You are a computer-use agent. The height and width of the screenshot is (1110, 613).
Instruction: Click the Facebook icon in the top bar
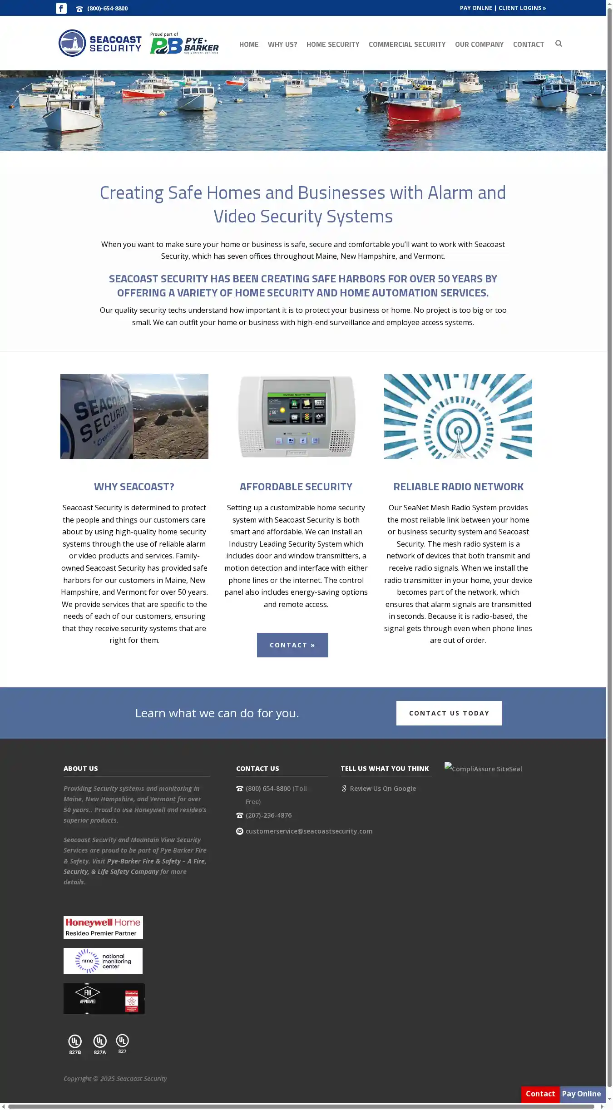point(61,8)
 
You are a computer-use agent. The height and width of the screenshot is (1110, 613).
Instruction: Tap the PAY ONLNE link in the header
point(475,8)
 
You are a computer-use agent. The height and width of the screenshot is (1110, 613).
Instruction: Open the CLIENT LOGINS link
point(522,8)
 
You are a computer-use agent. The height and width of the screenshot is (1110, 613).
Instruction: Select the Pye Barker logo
point(184,44)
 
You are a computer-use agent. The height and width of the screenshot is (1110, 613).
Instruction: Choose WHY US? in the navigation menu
point(282,44)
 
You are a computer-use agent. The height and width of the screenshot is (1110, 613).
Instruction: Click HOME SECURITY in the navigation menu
point(332,44)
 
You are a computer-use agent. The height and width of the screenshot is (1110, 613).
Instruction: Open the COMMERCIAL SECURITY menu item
point(407,44)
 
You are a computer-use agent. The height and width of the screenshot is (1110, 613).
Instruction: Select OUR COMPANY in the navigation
point(479,44)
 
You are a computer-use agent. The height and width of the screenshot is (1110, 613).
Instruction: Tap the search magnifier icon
point(559,44)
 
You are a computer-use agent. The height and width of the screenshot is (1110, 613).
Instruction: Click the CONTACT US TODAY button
point(449,713)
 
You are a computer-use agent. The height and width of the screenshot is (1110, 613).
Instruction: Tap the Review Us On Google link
point(382,789)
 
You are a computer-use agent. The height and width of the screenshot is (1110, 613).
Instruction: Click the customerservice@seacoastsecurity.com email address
point(309,831)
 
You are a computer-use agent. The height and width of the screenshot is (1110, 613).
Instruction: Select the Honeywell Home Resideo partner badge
point(103,927)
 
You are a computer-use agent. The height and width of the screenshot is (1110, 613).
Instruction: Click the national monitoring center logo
point(103,961)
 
